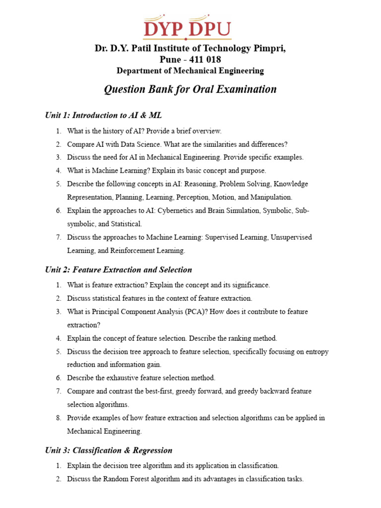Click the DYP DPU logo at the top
(187, 29)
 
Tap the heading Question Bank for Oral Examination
(190, 89)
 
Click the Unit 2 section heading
(118, 270)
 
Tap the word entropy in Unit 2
(317, 352)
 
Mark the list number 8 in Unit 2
(58, 418)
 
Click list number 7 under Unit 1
(58, 238)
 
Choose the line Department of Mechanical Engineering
(190, 70)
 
